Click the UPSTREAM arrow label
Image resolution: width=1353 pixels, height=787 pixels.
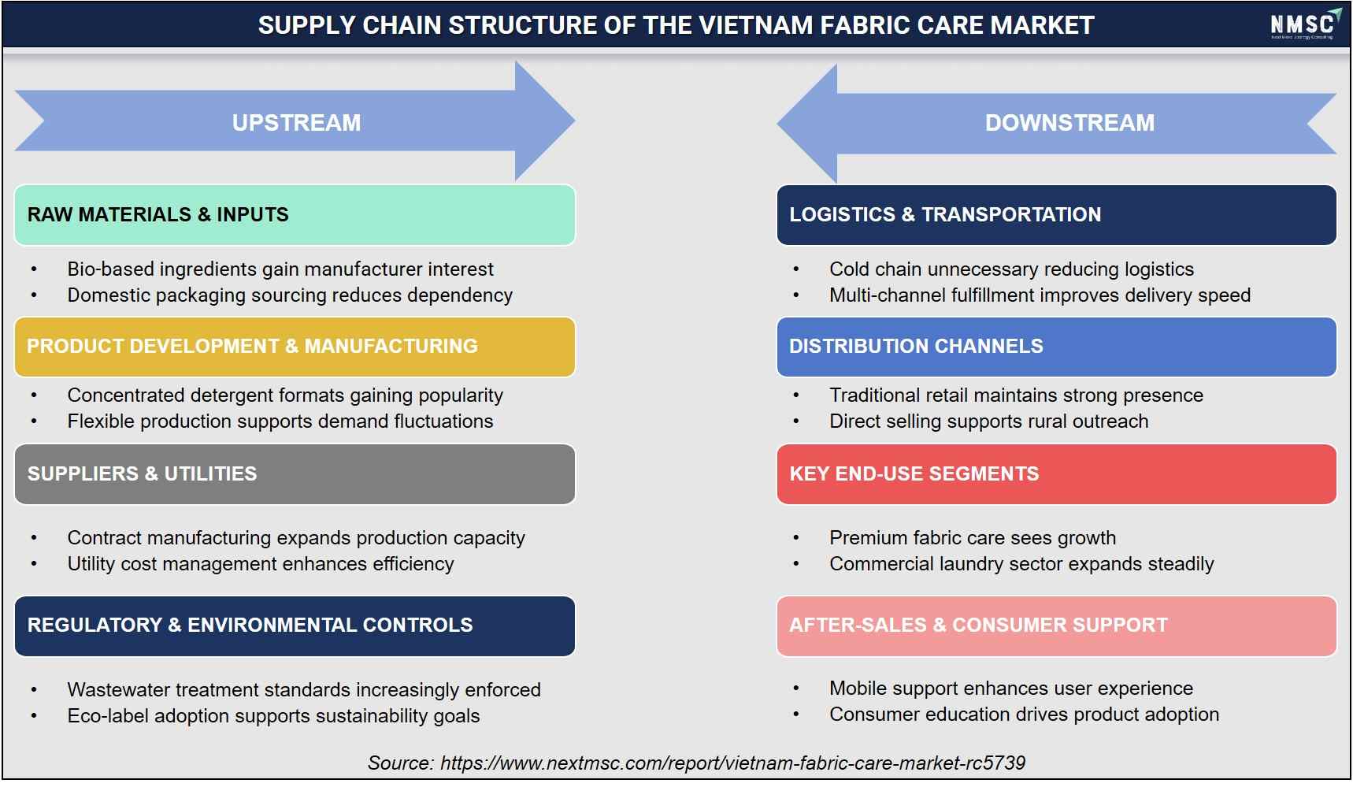tap(296, 123)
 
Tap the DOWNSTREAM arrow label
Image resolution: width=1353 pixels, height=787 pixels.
tap(1069, 123)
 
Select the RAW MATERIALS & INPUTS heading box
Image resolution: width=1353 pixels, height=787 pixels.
tap(295, 215)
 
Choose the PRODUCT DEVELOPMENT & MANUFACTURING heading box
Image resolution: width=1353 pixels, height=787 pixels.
tap(295, 347)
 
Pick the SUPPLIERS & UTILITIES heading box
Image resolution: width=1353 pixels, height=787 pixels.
tap(295, 474)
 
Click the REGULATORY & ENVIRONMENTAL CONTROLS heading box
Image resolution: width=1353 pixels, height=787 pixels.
tap(295, 626)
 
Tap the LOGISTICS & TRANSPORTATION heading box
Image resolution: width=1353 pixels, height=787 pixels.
tap(1056, 215)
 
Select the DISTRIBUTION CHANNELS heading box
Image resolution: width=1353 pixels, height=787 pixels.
tap(1056, 347)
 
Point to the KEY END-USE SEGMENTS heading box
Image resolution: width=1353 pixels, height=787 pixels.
tap(1056, 474)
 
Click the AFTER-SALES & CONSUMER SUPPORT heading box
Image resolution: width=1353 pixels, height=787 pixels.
tap(1056, 626)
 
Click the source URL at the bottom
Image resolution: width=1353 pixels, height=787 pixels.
tap(732, 763)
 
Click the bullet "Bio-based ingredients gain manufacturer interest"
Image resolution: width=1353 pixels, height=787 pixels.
tap(280, 269)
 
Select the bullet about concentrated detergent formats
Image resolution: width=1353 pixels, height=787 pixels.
tap(285, 395)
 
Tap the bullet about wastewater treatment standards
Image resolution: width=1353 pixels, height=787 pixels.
tap(304, 690)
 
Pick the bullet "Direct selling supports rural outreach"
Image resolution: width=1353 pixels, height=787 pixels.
tap(988, 421)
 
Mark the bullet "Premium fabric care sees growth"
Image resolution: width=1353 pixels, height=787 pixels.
tap(973, 538)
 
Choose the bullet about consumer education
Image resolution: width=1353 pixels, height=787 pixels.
tap(1024, 715)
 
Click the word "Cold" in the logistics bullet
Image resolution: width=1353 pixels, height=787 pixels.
tap(849, 269)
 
